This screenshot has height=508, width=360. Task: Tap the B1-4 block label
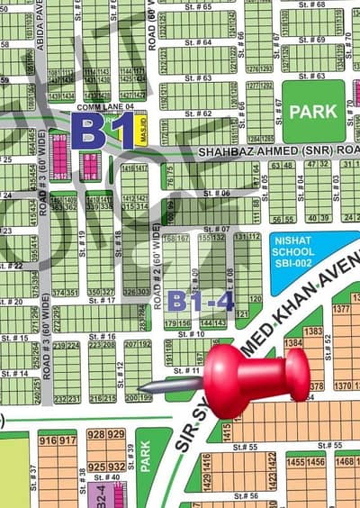(x=202, y=301)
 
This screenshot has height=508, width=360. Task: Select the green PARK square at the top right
(x=312, y=110)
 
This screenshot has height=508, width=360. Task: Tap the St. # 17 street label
(x=103, y=299)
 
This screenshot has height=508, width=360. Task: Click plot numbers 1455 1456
(x=312, y=461)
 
